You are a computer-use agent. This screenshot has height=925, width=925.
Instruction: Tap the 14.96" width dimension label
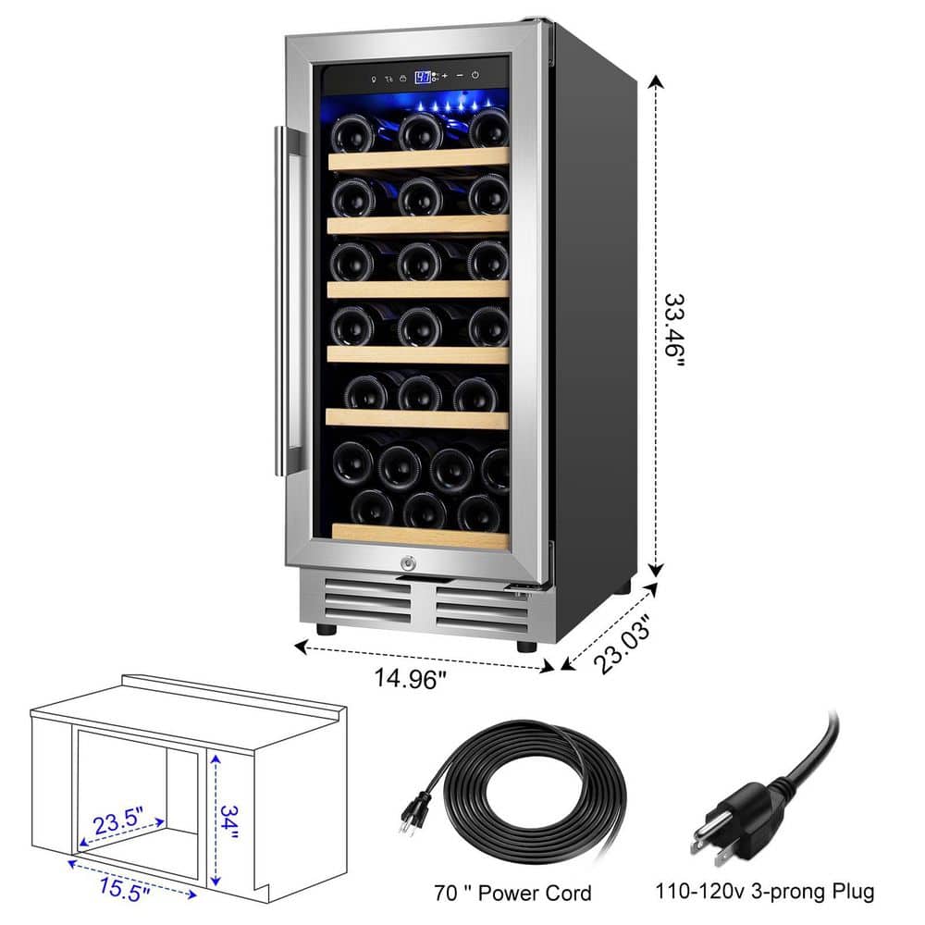click(x=410, y=679)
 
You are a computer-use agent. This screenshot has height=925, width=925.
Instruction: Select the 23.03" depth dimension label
click(x=623, y=644)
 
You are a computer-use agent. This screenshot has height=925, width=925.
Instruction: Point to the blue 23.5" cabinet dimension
click(x=118, y=820)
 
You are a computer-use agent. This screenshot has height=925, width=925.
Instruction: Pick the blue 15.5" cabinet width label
click(x=124, y=889)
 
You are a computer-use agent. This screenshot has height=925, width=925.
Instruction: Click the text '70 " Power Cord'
click(x=512, y=894)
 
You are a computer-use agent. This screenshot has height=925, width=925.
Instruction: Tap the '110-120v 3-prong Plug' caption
click(x=765, y=891)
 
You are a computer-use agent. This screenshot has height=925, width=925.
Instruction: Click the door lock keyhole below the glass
click(x=408, y=563)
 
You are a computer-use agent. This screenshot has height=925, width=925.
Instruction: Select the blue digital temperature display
click(x=423, y=78)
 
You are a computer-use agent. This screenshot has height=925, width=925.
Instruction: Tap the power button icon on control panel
click(x=475, y=76)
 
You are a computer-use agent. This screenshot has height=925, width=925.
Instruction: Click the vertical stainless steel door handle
click(x=281, y=301)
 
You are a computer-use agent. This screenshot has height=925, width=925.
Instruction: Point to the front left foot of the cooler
click(x=327, y=629)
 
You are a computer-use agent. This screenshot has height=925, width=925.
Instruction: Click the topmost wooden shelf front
click(x=419, y=159)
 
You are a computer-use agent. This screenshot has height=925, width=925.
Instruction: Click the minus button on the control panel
click(x=460, y=76)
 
